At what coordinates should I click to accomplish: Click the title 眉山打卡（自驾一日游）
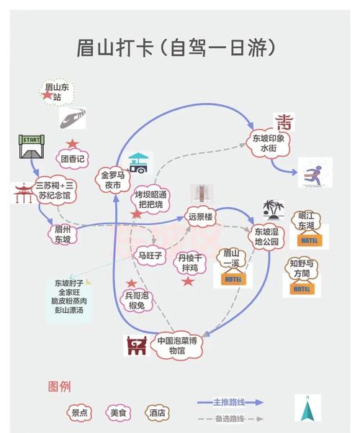tap(176, 49)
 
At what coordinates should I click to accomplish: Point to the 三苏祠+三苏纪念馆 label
tap(58, 190)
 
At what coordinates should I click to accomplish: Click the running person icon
tap(314, 173)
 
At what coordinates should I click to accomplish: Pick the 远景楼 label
tap(201, 216)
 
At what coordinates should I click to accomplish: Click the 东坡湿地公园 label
tap(266, 237)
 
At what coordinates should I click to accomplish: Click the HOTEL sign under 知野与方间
tap(301, 288)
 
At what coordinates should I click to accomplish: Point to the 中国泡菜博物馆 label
tap(176, 346)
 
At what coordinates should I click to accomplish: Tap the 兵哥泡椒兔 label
tap(137, 300)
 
